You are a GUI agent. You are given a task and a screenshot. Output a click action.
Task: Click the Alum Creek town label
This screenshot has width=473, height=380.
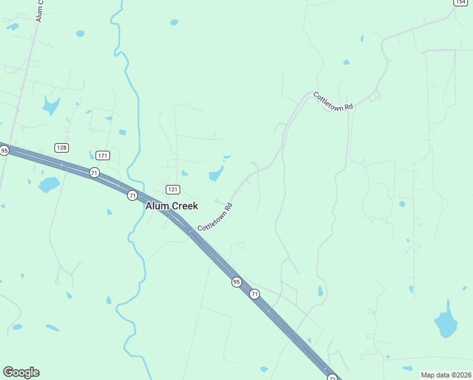[171, 206]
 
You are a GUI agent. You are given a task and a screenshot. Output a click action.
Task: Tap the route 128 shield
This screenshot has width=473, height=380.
[61, 148]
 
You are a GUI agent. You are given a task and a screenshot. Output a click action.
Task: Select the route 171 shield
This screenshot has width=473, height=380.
[102, 155]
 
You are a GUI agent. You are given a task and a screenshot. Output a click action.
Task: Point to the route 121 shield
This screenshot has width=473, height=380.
[173, 189]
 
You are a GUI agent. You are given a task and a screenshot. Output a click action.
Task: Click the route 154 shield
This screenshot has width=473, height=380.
[460, 2]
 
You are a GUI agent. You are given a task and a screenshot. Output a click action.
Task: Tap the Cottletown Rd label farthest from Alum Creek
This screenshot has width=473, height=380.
[333, 101]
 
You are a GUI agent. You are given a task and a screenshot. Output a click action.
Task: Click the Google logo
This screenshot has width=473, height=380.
[21, 372]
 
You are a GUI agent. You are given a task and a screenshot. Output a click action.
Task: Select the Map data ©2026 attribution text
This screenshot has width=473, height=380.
[446, 375]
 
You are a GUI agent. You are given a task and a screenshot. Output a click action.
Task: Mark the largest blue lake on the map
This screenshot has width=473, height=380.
[446, 322]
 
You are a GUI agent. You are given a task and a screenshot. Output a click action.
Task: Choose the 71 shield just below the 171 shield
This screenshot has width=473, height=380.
[94, 172]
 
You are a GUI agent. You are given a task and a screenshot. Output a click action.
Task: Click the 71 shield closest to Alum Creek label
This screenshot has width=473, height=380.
[132, 195]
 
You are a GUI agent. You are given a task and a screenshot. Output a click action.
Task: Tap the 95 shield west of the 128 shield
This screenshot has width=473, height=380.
[4, 151]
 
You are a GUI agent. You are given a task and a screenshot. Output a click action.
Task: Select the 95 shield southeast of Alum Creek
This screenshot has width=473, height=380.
[236, 281]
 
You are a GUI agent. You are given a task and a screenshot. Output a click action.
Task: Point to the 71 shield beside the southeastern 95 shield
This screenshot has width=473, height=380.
[254, 294]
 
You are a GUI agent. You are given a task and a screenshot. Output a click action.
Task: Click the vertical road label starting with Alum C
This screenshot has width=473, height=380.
[39, 10]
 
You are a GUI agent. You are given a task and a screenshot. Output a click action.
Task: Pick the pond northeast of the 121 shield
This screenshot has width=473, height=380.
[216, 174]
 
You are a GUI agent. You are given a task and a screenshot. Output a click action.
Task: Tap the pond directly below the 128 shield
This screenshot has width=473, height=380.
[48, 184]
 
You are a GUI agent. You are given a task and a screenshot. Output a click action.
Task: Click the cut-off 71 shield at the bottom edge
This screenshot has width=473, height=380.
[332, 377]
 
